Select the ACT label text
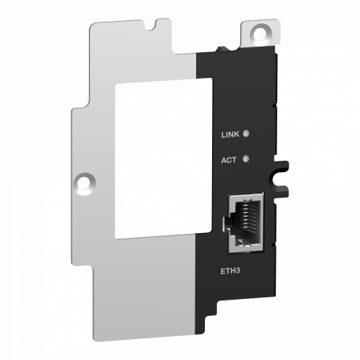(x=227, y=160)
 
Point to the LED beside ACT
(x=244, y=159)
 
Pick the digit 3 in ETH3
(x=239, y=270)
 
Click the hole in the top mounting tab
(x=260, y=33)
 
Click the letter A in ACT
(x=223, y=160)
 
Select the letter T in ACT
(x=233, y=160)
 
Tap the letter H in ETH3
(x=233, y=270)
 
